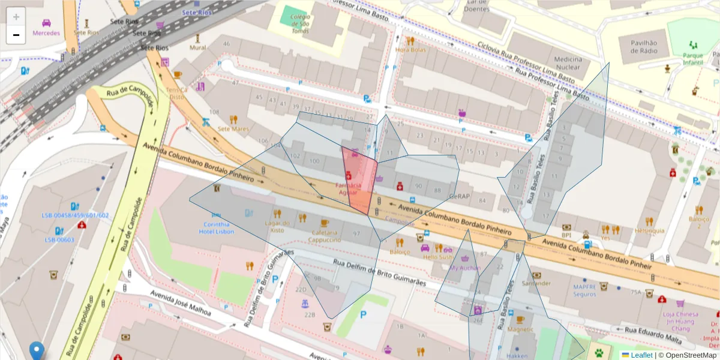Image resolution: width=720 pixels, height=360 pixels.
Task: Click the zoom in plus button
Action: point(16,17)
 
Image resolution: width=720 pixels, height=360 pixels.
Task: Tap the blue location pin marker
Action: point(37,350)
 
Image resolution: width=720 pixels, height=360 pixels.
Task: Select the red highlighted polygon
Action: point(360,180)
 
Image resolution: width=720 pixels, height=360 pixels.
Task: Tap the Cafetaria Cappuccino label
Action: point(325,236)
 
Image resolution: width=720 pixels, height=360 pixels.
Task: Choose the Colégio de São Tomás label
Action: point(300,24)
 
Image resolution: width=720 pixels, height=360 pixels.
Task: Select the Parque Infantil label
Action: point(692,59)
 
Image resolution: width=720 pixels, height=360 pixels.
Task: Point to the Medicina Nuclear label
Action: point(568,63)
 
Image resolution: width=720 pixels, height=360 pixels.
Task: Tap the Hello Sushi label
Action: point(438,257)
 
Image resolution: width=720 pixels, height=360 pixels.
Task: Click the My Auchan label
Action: point(465,268)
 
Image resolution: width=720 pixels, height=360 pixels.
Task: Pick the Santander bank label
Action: point(536,283)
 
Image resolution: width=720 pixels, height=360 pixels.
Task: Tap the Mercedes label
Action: point(46,33)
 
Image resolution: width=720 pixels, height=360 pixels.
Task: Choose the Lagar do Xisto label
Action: point(277,226)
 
